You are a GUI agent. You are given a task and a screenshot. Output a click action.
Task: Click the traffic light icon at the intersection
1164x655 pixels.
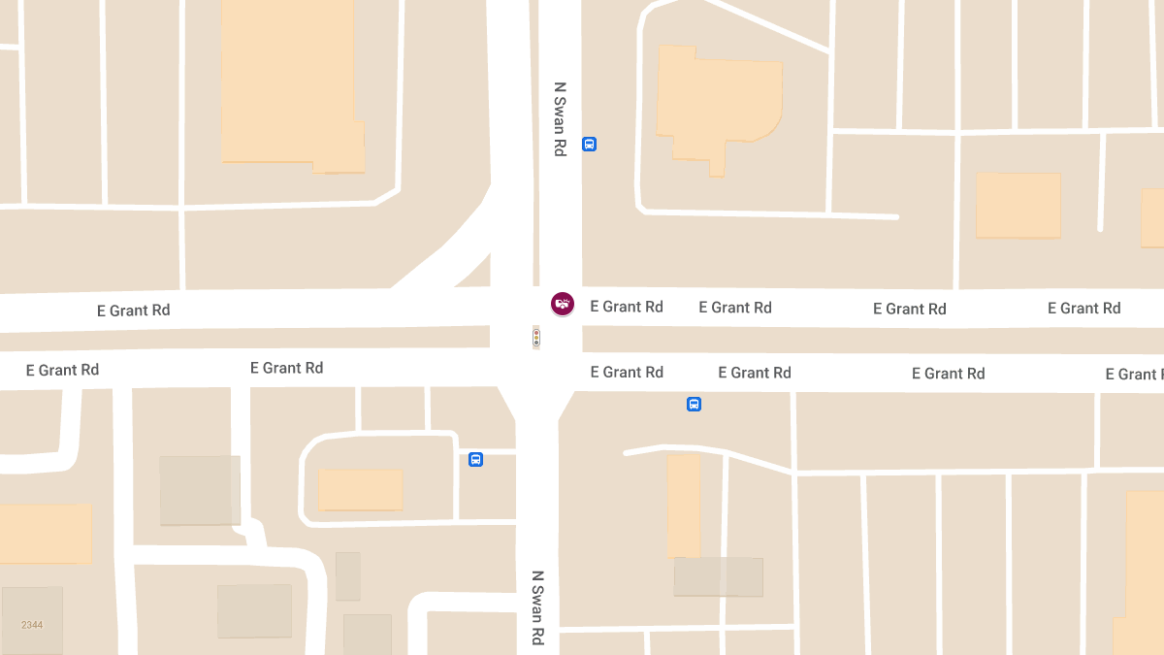click(535, 338)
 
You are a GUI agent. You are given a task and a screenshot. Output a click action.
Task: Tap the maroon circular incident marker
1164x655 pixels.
click(563, 304)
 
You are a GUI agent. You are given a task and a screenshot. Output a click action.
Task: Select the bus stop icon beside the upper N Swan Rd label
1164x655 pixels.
click(589, 145)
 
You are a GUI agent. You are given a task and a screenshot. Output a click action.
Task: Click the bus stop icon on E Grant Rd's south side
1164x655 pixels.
click(694, 404)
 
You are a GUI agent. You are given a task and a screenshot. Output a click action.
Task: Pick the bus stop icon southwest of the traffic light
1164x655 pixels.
click(475, 459)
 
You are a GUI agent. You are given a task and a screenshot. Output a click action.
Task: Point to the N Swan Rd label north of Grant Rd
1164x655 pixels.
click(560, 118)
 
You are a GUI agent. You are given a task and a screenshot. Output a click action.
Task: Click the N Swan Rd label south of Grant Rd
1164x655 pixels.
click(537, 607)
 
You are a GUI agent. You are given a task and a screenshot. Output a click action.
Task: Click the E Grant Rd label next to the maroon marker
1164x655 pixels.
click(627, 307)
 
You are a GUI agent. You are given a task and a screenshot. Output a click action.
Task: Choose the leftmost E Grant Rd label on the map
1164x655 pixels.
click(62, 370)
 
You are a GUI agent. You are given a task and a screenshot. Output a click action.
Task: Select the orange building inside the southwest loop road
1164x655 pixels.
click(360, 490)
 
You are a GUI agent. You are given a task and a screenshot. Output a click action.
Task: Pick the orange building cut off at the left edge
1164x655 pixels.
click(45, 533)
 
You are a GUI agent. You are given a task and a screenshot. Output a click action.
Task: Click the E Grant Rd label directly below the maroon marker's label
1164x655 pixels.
click(627, 372)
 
